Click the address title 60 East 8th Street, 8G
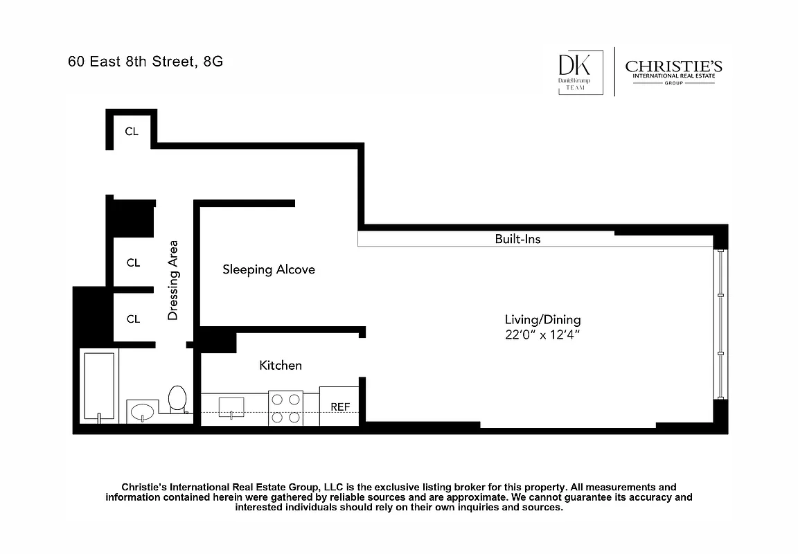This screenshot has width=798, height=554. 145,61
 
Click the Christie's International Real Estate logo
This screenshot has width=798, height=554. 673,71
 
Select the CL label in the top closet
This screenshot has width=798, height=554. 132,131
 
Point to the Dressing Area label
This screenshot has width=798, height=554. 173,280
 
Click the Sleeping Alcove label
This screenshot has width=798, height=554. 268,269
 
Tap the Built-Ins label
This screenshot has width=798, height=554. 517,239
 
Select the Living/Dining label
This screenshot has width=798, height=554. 542,320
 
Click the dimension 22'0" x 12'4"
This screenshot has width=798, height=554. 542,334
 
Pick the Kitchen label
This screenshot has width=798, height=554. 280,365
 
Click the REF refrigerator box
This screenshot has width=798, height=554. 339,406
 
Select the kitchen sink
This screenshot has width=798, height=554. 231,406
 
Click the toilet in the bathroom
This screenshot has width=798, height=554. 177,400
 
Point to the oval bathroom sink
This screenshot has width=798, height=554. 143,411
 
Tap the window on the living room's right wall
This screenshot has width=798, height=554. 720,324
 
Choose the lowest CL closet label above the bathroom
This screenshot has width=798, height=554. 133,319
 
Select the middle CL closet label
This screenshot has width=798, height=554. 133,263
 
